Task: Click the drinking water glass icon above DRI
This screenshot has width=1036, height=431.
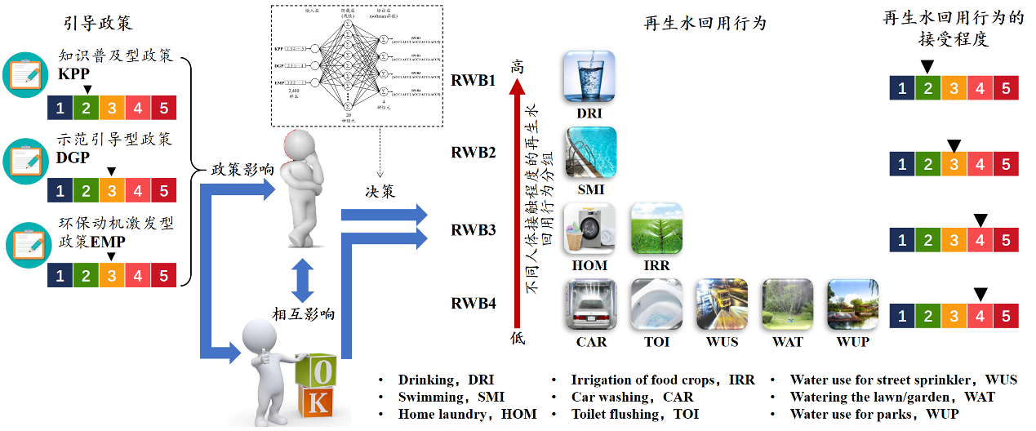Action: coord(589,76)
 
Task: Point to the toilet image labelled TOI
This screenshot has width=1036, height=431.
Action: coord(656,304)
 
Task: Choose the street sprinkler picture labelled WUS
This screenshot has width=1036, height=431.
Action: coord(722,304)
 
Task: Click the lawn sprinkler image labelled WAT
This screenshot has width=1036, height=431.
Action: coord(787,304)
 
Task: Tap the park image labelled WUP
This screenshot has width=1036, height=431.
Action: coord(852,304)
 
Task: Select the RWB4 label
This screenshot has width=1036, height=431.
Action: coord(474,304)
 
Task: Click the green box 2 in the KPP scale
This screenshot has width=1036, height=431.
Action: coord(86,109)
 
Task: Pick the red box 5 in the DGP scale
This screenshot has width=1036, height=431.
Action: coord(163,192)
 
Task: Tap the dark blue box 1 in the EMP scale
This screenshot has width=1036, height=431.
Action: coord(60,275)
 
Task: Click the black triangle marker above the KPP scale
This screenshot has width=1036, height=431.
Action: coord(87,90)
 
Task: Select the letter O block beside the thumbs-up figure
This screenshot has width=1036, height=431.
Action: coord(323,371)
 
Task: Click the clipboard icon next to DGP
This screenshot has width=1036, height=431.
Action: coord(29,159)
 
